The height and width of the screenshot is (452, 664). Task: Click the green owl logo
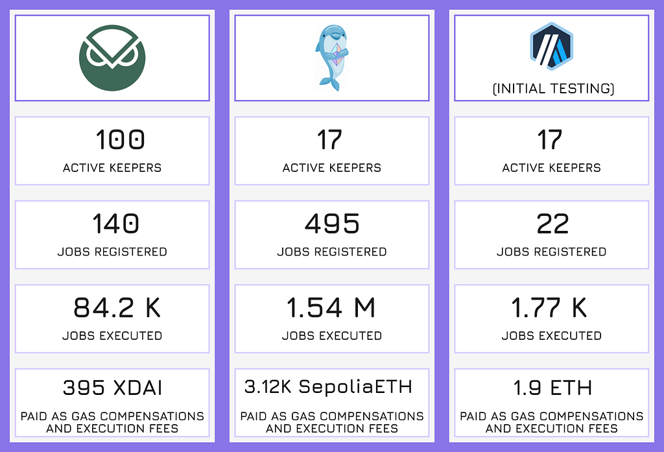(112, 58)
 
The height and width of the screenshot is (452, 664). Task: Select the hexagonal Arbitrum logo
(551, 46)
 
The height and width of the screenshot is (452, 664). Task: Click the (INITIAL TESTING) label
(553, 89)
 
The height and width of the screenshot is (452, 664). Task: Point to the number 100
(120, 140)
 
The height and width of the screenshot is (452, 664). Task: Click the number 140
(115, 224)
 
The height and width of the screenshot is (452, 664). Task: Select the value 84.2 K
(117, 307)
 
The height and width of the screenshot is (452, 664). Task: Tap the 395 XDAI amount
(112, 388)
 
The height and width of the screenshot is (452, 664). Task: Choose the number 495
(332, 224)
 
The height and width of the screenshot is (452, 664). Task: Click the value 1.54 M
(331, 307)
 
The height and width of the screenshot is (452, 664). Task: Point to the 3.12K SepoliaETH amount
(328, 387)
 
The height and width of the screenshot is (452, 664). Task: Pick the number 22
(552, 224)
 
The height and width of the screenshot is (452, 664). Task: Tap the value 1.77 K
(549, 307)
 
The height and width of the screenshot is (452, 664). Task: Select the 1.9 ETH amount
(552, 388)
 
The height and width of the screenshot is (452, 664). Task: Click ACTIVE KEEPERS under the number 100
(112, 168)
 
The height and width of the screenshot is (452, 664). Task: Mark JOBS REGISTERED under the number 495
(332, 252)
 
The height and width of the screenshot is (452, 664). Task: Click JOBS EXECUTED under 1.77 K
(552, 335)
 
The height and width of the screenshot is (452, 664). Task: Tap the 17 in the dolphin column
(329, 140)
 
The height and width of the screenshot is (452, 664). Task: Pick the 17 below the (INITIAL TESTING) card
(550, 140)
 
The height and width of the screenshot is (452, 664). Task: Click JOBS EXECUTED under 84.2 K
(112, 335)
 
